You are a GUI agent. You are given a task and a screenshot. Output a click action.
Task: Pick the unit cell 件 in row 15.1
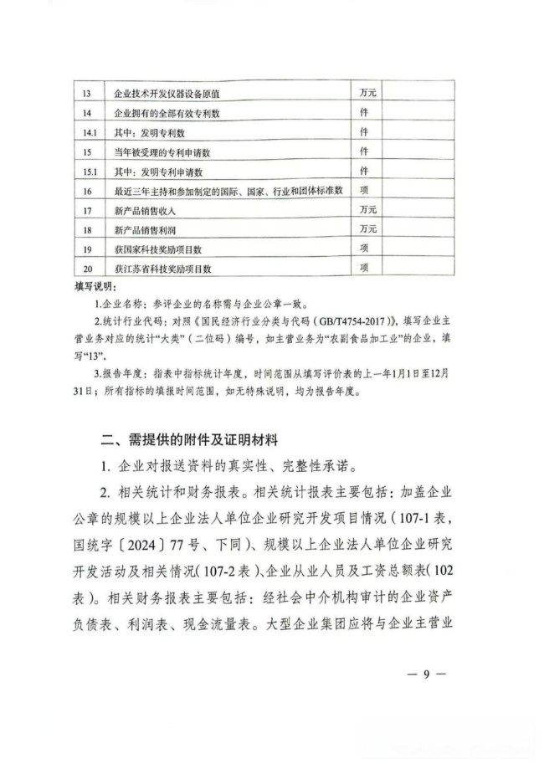(x=364, y=171)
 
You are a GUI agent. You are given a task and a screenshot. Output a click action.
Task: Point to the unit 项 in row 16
(x=364, y=191)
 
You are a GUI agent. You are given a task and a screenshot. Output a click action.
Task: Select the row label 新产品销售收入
(x=143, y=210)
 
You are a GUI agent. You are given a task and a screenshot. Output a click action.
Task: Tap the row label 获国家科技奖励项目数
(x=158, y=249)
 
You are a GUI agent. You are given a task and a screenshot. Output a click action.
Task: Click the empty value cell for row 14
(x=418, y=113)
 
